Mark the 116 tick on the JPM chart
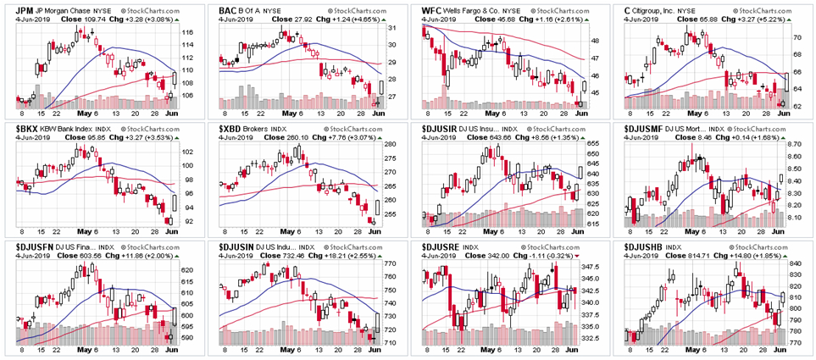[x=188, y=33]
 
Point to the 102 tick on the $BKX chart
[x=188, y=152]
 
